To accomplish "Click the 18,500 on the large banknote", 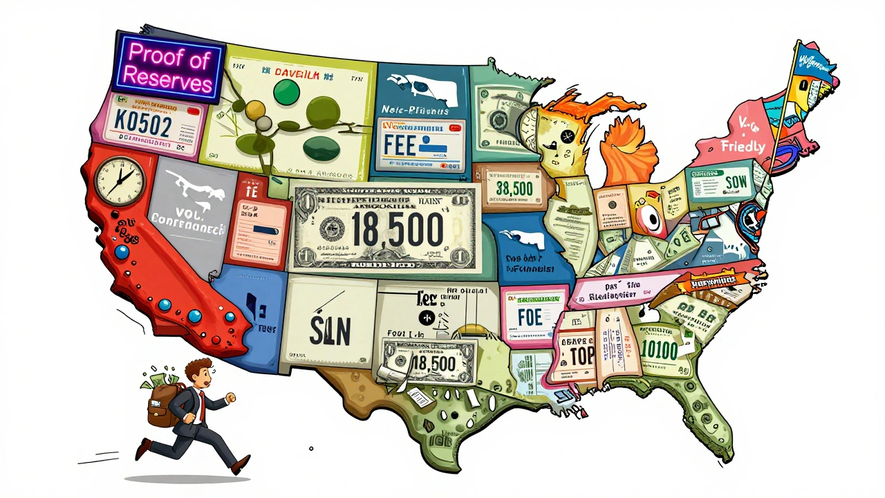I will tap(397, 230).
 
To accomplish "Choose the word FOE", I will tap(530, 316).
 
